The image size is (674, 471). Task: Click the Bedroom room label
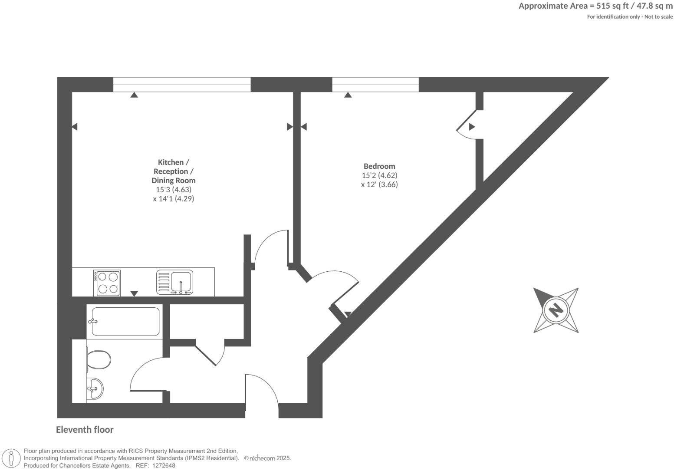click(x=379, y=166)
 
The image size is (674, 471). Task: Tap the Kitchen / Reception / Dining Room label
click(x=173, y=171)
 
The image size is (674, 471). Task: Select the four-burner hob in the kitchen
click(x=108, y=283)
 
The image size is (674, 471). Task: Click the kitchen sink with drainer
click(x=175, y=282)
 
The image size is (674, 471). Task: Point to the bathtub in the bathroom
click(x=125, y=322)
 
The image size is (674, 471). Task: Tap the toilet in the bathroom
click(x=99, y=359)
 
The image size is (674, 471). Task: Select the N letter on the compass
click(x=555, y=310)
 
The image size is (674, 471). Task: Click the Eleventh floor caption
click(x=85, y=429)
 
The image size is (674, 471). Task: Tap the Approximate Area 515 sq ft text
click(x=595, y=6)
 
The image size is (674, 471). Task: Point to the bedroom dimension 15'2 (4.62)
click(x=379, y=175)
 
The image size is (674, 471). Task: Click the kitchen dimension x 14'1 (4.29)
click(x=173, y=199)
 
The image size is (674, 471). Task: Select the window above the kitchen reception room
click(x=182, y=85)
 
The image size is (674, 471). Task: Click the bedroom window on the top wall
click(x=375, y=85)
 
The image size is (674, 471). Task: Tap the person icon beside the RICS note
click(x=12, y=458)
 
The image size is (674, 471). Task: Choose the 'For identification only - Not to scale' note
click(x=630, y=17)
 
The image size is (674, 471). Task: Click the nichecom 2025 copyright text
click(x=267, y=458)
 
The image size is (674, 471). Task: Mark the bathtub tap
click(x=93, y=322)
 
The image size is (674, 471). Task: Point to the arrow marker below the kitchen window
click(x=135, y=95)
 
